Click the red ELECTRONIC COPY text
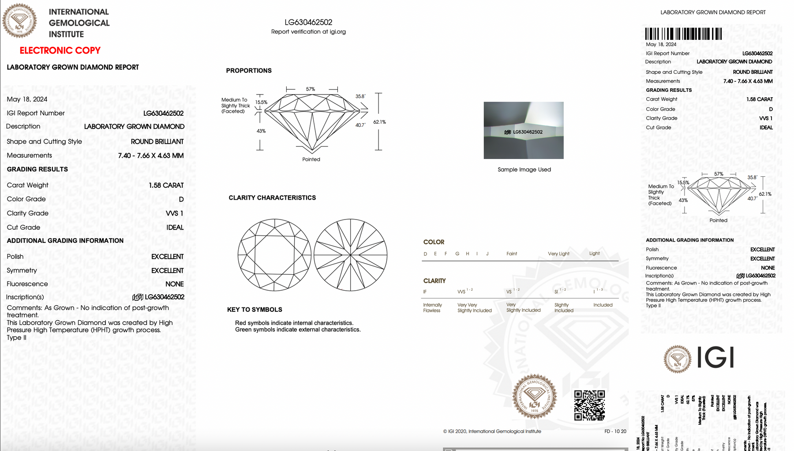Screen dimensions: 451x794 click(60, 51)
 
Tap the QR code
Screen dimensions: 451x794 click(589, 405)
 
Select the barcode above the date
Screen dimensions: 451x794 click(683, 34)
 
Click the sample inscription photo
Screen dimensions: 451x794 click(524, 130)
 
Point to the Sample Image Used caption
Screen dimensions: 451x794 click(524, 170)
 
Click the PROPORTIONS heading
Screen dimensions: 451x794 click(249, 71)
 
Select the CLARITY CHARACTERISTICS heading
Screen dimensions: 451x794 click(272, 198)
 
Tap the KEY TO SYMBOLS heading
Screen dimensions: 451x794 click(255, 310)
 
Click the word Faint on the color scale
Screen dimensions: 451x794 click(512, 254)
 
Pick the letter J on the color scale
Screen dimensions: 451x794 click(487, 254)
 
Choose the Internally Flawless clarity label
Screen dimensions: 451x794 click(432, 308)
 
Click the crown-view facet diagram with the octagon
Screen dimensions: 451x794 click(274, 255)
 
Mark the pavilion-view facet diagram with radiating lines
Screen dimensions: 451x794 click(351, 255)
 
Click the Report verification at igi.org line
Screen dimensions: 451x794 click(308, 32)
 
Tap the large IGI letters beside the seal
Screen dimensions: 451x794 click(716, 358)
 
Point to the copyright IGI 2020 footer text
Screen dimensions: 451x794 click(492, 432)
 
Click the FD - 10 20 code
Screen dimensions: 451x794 click(615, 432)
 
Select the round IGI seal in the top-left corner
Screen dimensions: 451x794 click(19, 21)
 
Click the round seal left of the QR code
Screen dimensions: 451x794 click(534, 396)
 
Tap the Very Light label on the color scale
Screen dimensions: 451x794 click(558, 254)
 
